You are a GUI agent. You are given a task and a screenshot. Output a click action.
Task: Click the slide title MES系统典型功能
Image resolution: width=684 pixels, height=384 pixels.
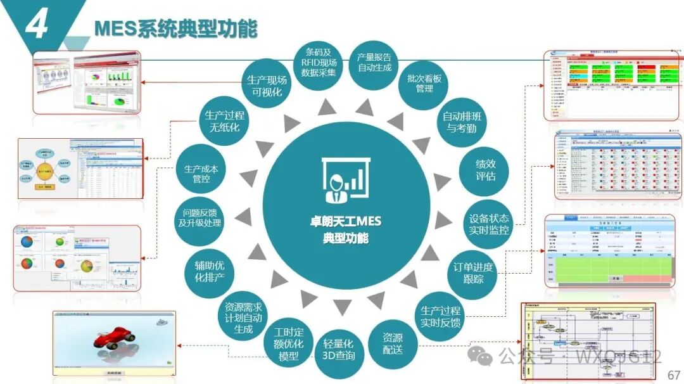point(175,29)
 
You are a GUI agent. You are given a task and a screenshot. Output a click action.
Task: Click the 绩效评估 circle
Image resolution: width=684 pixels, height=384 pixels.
point(485,169)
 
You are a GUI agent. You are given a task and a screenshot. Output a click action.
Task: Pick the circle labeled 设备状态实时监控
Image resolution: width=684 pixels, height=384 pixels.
point(488,222)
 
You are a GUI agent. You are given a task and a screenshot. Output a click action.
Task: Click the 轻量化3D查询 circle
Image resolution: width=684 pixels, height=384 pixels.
point(339,349)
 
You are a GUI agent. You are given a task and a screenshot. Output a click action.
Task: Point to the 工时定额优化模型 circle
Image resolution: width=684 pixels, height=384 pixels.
point(289,344)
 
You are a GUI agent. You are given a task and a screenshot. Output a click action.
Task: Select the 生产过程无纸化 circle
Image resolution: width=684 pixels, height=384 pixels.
point(224,122)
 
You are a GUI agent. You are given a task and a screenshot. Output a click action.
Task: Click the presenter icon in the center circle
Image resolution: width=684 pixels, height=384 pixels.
point(345,181)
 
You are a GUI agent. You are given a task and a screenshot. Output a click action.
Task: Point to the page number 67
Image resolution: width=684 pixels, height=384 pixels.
point(674,374)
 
